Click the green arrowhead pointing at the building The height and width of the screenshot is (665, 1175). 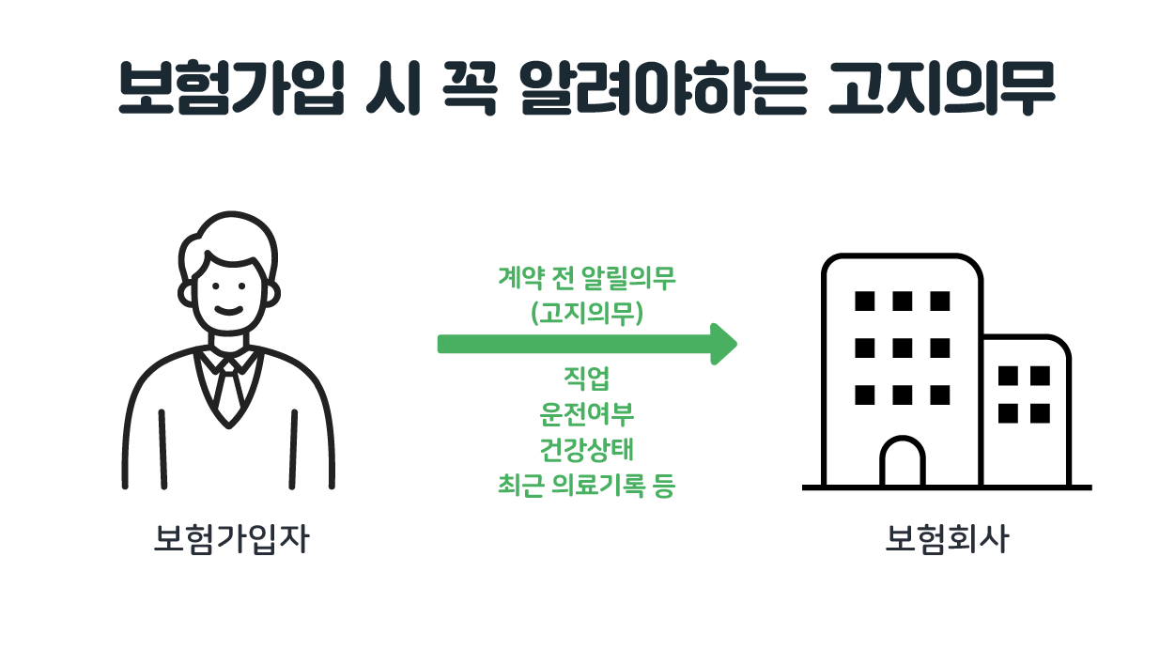coord(723,344)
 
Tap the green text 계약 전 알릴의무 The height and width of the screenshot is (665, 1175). coord(587,279)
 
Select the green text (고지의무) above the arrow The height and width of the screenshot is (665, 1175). coord(587,314)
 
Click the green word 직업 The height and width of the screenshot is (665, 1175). coord(587,379)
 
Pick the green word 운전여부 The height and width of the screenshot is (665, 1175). coord(587,414)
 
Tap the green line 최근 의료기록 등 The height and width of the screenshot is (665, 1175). coord(587,486)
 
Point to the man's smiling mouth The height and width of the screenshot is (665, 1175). coord(229,309)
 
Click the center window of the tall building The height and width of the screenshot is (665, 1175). coord(903,348)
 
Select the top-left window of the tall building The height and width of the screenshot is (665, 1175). coord(865,301)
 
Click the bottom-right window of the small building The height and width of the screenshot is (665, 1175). coord(1040,413)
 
